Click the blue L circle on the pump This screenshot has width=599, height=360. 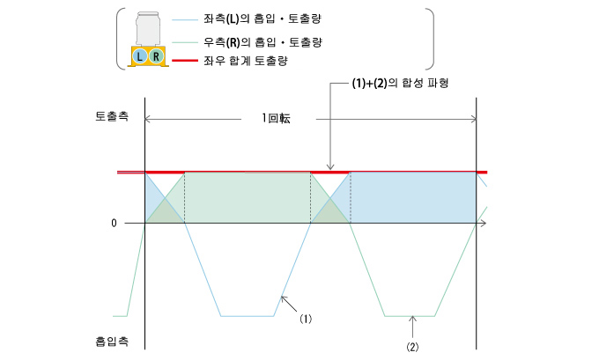click(140, 56)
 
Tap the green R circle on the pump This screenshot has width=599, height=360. click(156, 56)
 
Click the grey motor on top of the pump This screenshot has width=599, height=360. click(148, 29)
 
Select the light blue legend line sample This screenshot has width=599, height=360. click(185, 19)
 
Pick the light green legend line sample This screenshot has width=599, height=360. click(185, 42)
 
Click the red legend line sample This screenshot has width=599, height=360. click(185, 61)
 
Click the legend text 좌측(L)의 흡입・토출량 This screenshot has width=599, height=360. click(263, 19)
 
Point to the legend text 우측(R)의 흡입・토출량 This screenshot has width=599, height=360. click(263, 42)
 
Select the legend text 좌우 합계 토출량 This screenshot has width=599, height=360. click(246, 61)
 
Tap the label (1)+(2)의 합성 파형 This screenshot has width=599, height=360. click(400, 84)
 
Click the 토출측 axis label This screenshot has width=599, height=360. click(112, 116)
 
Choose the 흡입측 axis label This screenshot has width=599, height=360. click(112, 341)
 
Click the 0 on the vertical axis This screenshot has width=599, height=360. click(114, 223)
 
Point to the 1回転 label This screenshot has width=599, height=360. click(276, 118)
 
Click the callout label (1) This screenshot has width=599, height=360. click(306, 319)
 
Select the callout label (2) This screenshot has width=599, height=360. click(412, 347)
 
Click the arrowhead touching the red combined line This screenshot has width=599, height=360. click(330, 167)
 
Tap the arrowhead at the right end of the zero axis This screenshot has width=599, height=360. click(484, 223)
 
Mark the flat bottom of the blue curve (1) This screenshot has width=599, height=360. click(248, 316)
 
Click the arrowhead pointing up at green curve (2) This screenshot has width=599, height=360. click(412, 319)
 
